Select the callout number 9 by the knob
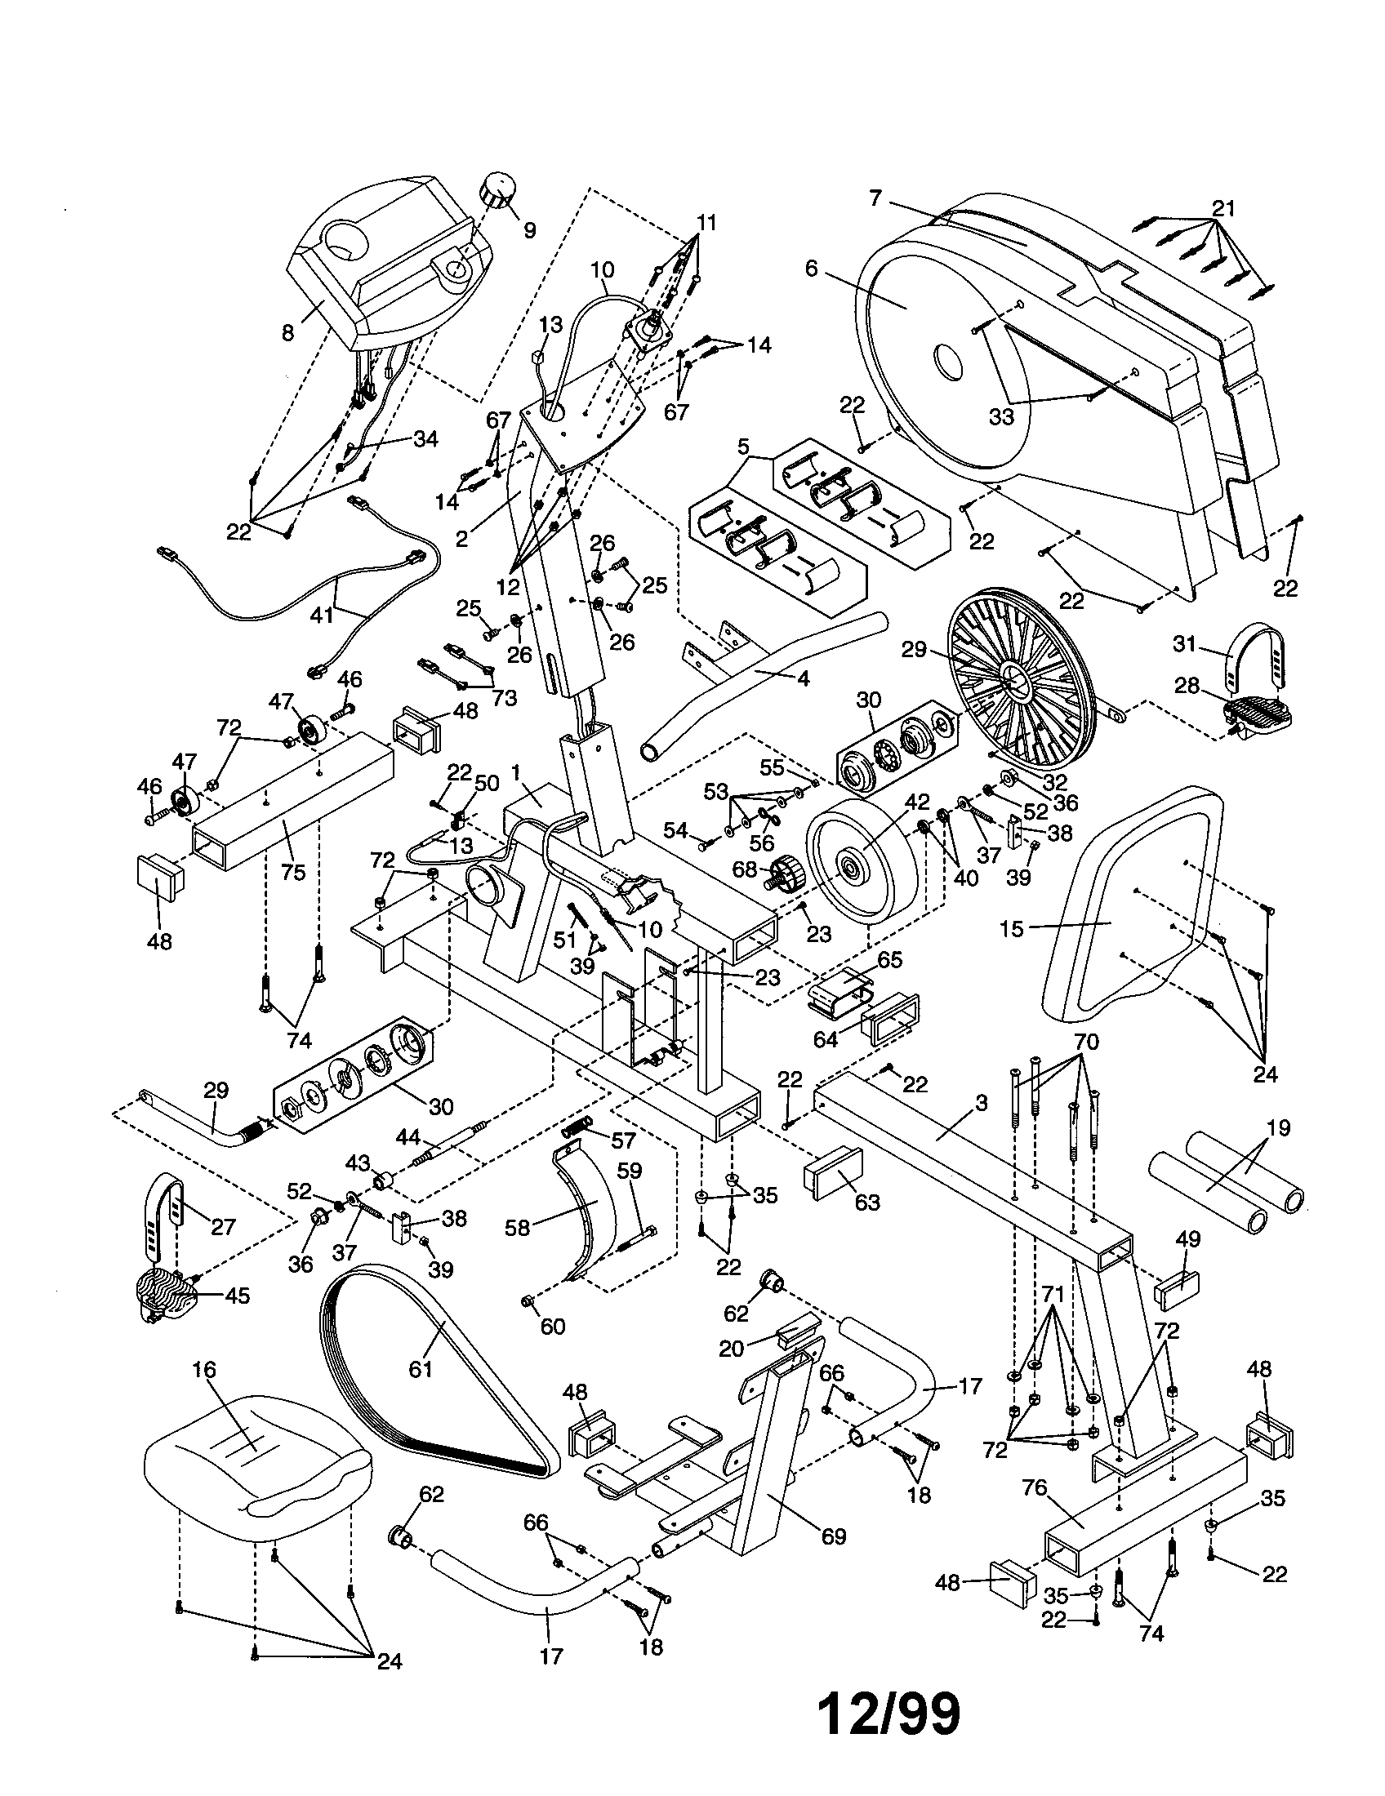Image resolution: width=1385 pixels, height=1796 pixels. coord(529,230)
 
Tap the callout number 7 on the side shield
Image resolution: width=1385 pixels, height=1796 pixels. coord(875,198)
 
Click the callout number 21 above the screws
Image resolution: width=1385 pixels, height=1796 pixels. coord(1224,209)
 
